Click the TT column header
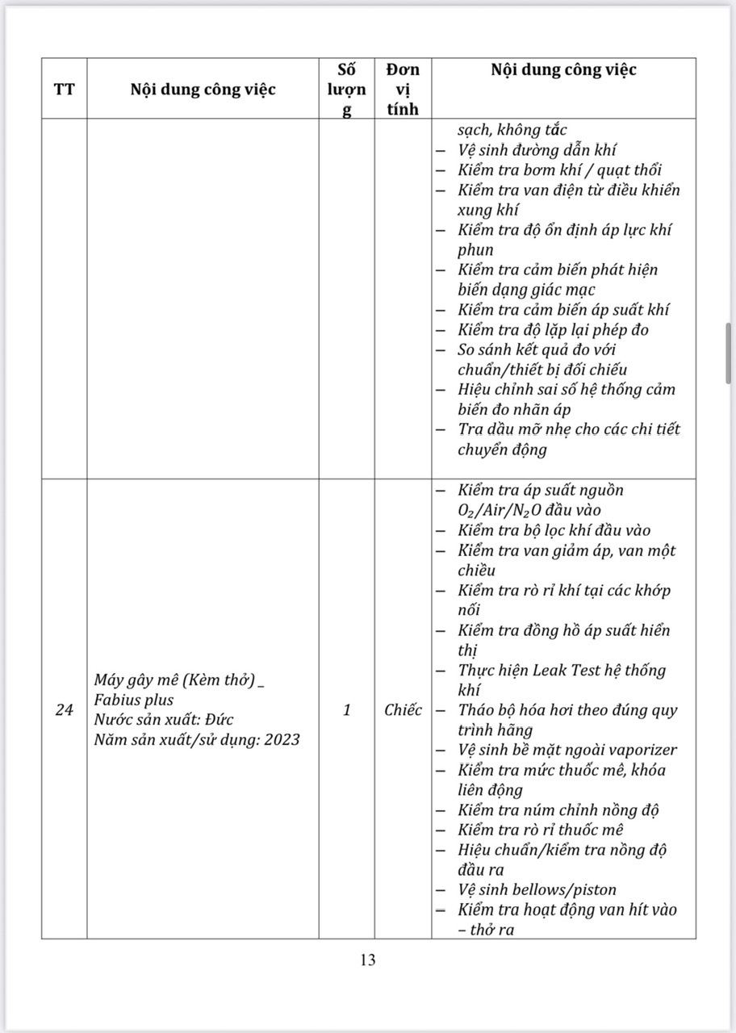point(64,89)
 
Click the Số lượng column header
point(346,89)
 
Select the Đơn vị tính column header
point(403,89)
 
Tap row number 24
point(64,710)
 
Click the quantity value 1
point(346,710)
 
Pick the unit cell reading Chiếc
point(403,710)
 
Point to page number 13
point(368,960)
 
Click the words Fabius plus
point(133,700)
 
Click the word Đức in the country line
point(219,719)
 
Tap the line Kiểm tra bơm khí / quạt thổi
point(559,170)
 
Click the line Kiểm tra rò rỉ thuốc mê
point(552,830)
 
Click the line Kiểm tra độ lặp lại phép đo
point(553,329)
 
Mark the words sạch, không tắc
point(512,130)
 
